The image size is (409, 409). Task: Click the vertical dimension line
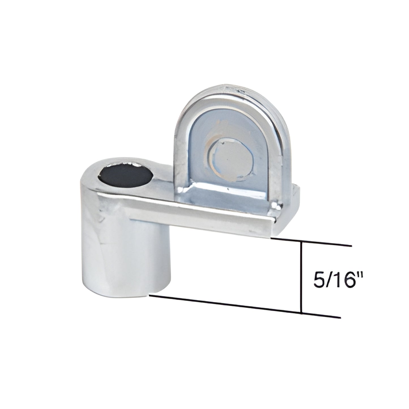[301, 278]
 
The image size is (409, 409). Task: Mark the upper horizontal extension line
[311, 242]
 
